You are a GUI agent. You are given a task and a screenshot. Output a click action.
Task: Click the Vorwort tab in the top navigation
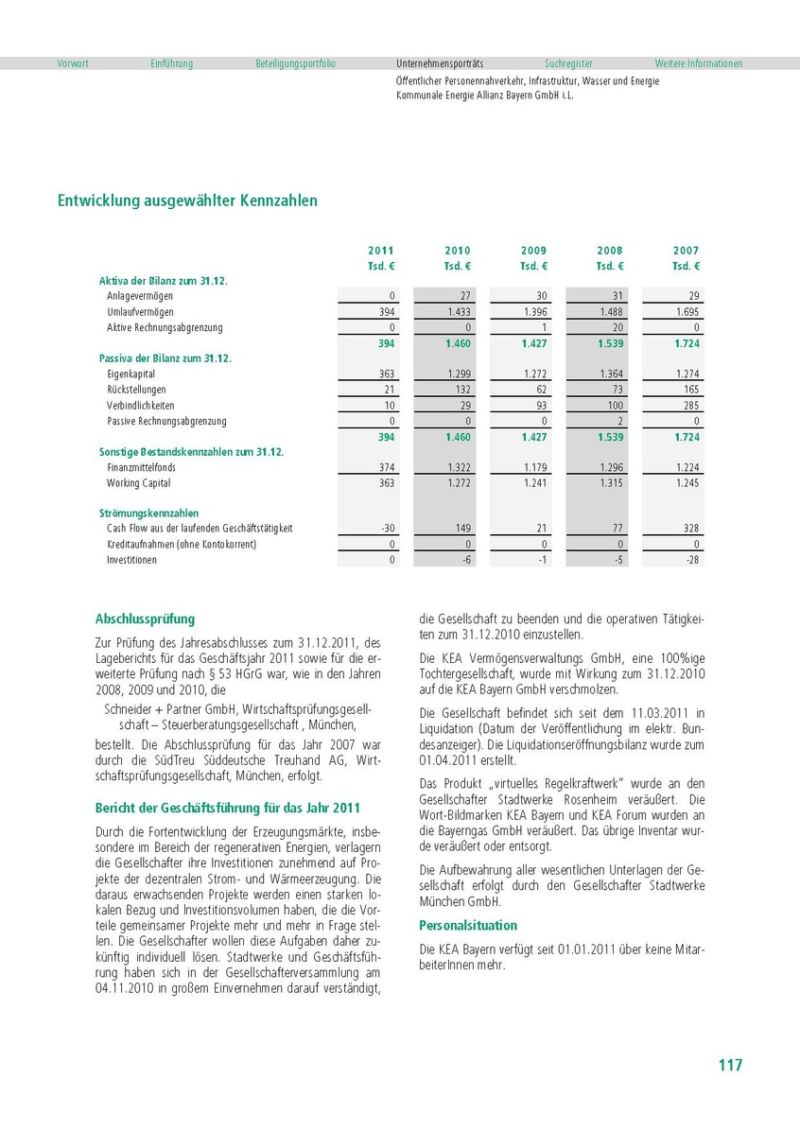point(73,63)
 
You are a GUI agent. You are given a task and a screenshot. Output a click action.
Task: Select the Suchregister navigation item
point(568,63)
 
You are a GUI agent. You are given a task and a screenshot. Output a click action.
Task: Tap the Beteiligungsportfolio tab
point(295,63)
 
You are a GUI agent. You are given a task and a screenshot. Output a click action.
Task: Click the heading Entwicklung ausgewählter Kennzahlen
point(187,200)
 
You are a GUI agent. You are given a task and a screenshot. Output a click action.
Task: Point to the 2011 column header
point(381,251)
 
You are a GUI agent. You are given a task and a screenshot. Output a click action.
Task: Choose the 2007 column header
point(687,251)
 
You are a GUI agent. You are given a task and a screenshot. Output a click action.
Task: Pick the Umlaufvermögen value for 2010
point(459,312)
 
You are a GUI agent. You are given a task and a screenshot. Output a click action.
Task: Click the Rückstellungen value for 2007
point(687,390)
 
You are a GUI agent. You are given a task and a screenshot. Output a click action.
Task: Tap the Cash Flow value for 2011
point(387,529)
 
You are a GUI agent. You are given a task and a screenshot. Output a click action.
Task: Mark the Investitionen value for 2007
point(692,560)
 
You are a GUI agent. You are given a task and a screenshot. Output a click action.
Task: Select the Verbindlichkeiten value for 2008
point(612,406)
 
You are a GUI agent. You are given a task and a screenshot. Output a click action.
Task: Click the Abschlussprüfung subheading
point(145,619)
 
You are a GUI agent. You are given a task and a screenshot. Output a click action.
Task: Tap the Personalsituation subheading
point(468,925)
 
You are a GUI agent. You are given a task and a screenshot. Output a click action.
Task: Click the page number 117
point(729,1065)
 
